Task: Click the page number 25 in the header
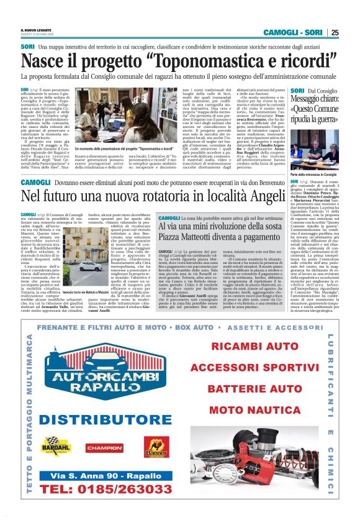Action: (x=335, y=32)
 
